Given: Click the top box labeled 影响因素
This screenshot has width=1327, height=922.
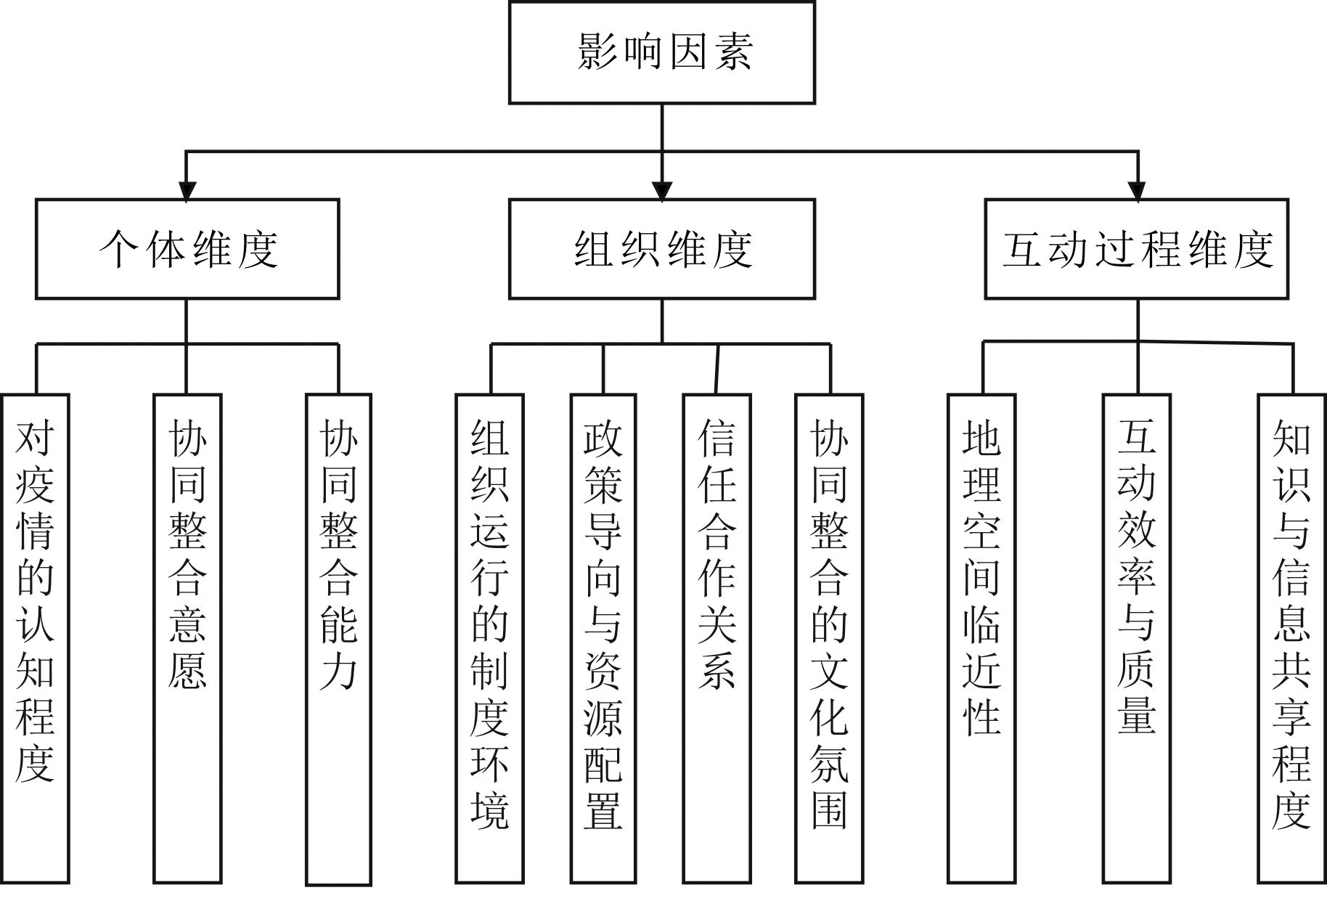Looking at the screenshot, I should [x=661, y=52].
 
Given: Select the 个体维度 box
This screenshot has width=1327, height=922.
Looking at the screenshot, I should [x=187, y=248].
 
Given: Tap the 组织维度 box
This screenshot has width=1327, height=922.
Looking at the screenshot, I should [x=661, y=248].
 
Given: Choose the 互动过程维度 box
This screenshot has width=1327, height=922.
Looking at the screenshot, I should [x=1136, y=248].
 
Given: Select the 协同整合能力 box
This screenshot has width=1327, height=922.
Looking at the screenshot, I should [x=338, y=639].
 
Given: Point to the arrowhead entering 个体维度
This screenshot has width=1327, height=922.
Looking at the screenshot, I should [x=187, y=190].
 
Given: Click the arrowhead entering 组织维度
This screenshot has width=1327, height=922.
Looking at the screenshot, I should [x=661, y=190].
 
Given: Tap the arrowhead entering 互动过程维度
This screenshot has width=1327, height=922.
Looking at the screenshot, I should [x=1138, y=190].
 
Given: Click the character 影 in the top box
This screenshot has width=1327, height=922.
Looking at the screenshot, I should [x=597, y=52].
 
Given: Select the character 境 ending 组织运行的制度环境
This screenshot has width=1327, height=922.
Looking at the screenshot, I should [x=489, y=809].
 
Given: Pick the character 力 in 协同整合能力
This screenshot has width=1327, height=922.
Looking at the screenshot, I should [x=338, y=672].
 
